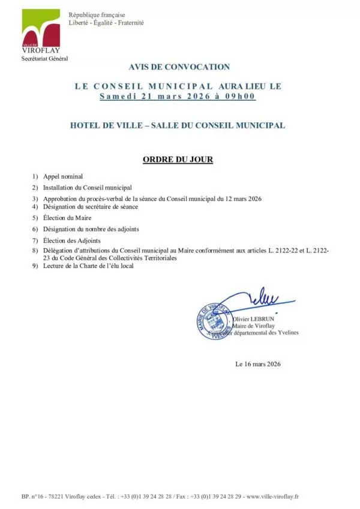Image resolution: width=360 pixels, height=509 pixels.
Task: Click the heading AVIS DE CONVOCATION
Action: tap(179, 67)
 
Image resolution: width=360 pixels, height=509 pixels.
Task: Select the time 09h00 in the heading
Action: tap(242, 96)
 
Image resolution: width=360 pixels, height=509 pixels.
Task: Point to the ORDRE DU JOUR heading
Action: tap(178, 160)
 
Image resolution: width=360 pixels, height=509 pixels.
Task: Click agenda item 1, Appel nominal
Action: tap(62, 176)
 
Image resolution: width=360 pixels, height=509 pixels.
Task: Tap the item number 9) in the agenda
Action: tap(35, 266)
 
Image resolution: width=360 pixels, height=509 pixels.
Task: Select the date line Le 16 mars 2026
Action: tap(259, 364)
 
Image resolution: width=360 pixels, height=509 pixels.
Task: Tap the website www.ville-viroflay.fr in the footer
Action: tap(272, 496)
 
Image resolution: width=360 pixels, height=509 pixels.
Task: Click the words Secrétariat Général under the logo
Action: tap(45, 59)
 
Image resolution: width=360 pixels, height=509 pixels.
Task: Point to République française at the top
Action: tap(96, 14)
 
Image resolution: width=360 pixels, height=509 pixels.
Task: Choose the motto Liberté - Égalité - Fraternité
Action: tap(106, 23)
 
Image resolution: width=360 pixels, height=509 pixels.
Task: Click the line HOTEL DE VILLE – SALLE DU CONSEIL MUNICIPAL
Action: tap(178, 125)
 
